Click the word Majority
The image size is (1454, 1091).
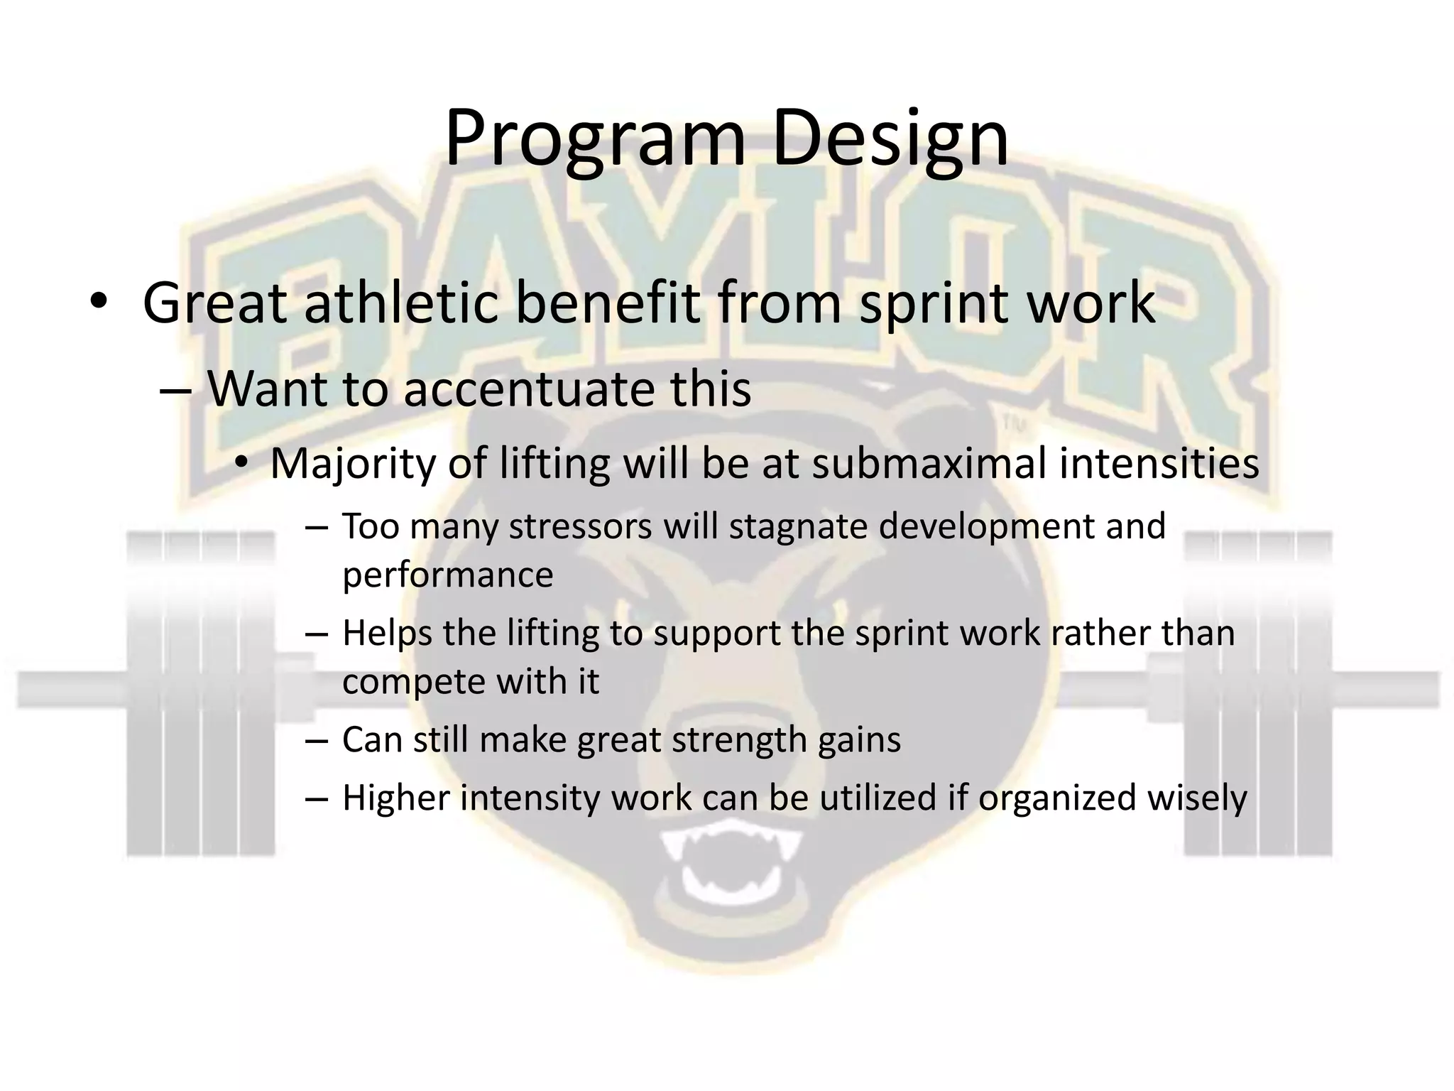(x=352, y=463)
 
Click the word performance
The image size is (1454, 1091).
(x=447, y=575)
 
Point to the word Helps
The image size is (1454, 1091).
(x=387, y=633)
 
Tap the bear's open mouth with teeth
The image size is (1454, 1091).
(x=731, y=871)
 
